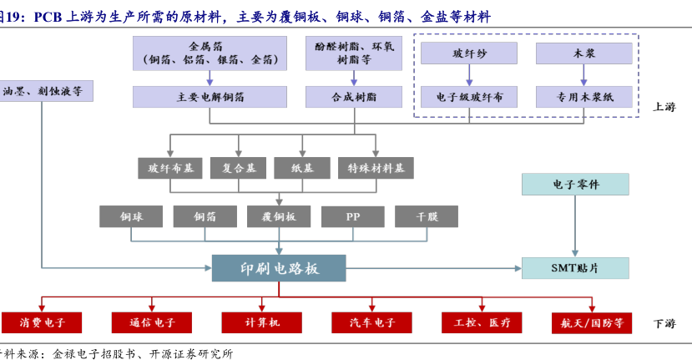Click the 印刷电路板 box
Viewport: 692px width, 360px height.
point(279,268)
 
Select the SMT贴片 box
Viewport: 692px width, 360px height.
point(575,268)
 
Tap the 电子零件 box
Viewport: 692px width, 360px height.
point(575,185)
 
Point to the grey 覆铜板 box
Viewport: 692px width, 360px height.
point(279,216)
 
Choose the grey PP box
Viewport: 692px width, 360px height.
point(353,216)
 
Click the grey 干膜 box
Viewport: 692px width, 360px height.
point(427,216)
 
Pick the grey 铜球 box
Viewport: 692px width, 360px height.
point(131,216)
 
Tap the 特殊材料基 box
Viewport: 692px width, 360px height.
point(376,168)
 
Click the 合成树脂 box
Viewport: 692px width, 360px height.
point(354,97)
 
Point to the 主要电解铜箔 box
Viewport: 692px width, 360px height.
point(210,97)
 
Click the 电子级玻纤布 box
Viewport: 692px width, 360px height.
point(469,97)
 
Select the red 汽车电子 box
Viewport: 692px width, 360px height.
point(372,322)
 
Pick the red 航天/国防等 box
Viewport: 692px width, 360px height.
point(593,322)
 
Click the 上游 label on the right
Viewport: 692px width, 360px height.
point(664,106)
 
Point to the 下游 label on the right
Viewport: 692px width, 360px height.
point(664,323)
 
